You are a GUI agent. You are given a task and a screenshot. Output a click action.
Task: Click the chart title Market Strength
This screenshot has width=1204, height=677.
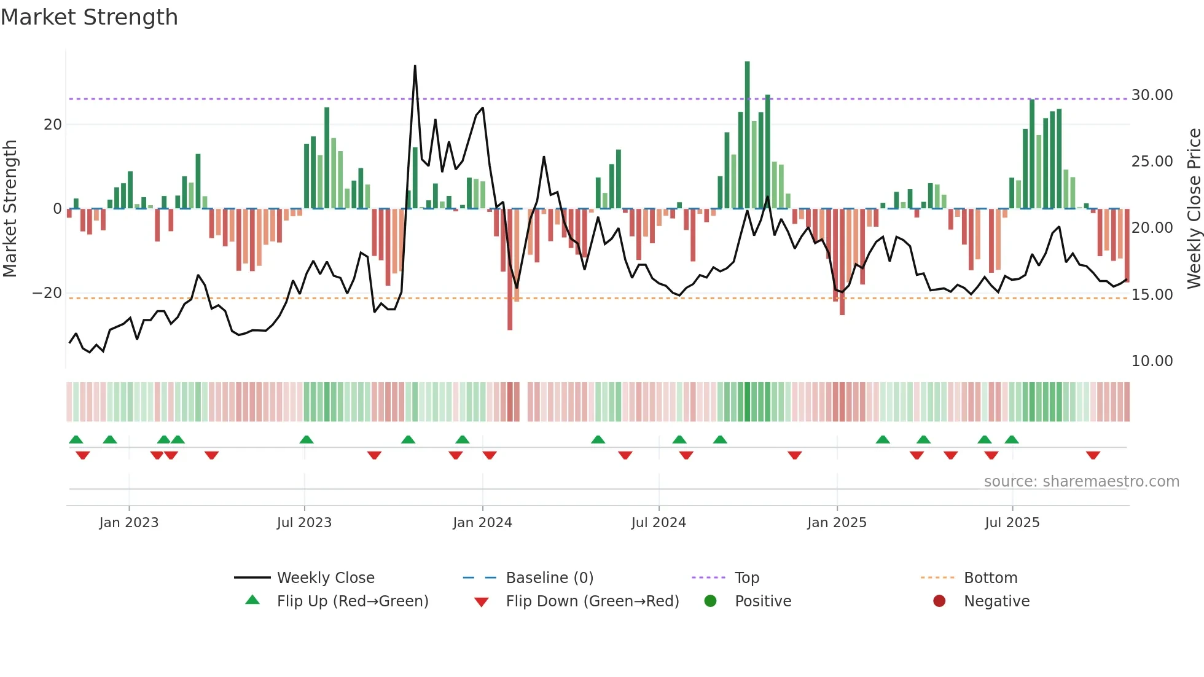tap(89, 17)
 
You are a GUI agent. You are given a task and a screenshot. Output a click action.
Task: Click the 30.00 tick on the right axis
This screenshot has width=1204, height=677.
tap(1152, 95)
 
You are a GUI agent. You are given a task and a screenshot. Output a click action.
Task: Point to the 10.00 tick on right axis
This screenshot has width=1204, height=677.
tap(1152, 361)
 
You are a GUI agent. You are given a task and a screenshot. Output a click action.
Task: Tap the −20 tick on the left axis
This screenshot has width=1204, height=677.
tap(47, 293)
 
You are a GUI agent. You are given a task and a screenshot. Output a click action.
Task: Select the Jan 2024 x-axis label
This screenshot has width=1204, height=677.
tap(482, 523)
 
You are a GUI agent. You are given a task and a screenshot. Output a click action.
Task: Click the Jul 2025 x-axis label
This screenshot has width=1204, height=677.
tap(1012, 523)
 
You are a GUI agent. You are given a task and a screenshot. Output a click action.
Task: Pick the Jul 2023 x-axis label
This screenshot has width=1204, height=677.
tap(304, 523)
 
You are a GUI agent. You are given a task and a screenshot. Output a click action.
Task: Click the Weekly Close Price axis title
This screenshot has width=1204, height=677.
tap(1194, 208)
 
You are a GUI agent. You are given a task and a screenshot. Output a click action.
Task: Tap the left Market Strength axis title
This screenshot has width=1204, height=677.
tap(10, 208)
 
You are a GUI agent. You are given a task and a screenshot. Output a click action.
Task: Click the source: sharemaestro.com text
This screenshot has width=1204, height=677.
tap(1081, 482)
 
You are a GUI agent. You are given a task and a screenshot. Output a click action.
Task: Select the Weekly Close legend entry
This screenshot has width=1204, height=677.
tap(325, 578)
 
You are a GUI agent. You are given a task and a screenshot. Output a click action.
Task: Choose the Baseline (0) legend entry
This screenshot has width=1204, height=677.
tap(549, 578)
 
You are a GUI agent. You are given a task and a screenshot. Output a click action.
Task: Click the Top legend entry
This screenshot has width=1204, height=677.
tap(746, 578)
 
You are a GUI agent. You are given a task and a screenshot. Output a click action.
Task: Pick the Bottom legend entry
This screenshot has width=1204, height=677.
tap(990, 578)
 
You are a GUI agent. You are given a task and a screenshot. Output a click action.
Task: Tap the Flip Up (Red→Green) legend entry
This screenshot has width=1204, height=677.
tap(352, 601)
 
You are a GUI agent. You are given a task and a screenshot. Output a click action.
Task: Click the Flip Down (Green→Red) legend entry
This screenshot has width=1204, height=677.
tap(592, 601)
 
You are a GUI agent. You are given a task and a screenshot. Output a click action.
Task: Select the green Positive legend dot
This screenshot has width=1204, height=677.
tap(710, 601)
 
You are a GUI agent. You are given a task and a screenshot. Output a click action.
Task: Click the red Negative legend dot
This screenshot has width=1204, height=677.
tap(939, 601)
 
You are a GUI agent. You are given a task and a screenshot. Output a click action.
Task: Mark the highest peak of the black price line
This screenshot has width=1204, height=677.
tap(415, 66)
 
